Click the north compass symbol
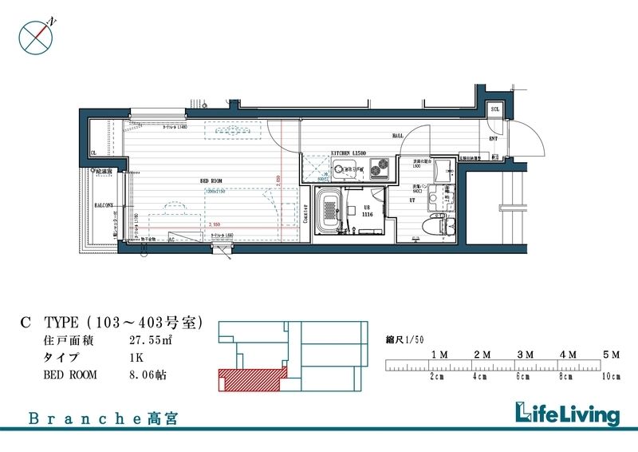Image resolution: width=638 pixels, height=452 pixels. coord(34,37)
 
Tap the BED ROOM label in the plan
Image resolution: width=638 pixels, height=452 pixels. coord(211,181)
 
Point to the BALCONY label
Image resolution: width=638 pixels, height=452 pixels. coord(104,205)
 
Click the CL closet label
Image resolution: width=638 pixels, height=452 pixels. coord(94,153)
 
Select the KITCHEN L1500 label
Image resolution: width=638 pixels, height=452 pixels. coord(348,150)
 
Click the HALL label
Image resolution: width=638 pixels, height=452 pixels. coord(397,136)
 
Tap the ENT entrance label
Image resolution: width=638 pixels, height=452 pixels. coord(493,139)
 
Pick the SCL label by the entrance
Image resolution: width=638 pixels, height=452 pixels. coord(494,109)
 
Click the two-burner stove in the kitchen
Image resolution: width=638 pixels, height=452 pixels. coord(377,168)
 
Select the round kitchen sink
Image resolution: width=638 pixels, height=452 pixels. coord(345,169)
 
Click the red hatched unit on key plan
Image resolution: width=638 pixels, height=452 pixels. coord(249,379)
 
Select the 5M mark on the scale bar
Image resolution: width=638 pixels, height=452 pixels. coord(612,354)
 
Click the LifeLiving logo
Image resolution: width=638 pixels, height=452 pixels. coord(566,414)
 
